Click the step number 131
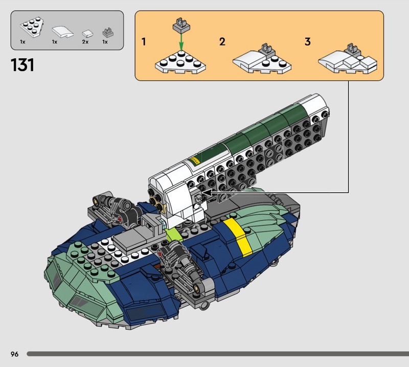(22, 65)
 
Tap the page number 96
(15, 354)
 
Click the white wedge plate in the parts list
(32, 27)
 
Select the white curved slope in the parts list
(62, 32)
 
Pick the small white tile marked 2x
(87, 34)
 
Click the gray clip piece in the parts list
(108, 32)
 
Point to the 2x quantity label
(85, 42)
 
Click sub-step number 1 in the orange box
(144, 42)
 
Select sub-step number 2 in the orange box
(222, 42)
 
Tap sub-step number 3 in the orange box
(308, 42)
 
